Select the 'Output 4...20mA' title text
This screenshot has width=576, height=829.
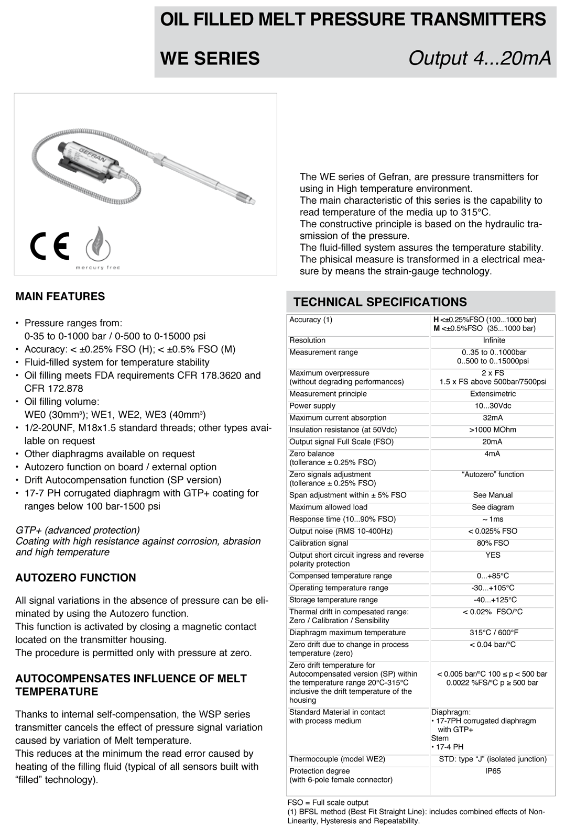(x=479, y=58)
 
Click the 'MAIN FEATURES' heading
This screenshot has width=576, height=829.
(x=60, y=296)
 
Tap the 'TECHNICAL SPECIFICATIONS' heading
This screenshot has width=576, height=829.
(x=380, y=302)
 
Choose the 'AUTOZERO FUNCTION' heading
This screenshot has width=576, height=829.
(x=75, y=578)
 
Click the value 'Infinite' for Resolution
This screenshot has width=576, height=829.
(x=494, y=340)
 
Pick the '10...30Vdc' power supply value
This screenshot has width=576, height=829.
(x=493, y=406)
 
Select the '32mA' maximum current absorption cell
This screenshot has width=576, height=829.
(x=493, y=418)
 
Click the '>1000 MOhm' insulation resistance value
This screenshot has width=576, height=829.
(x=493, y=430)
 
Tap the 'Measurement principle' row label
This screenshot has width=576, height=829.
(x=328, y=394)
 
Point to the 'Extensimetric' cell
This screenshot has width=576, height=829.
(x=493, y=394)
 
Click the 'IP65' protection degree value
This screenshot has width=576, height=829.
(x=493, y=771)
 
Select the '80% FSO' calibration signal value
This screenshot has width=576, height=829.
(x=493, y=543)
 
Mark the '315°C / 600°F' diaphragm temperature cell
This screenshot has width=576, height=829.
(x=493, y=633)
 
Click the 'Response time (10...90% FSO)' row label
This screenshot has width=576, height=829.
(x=342, y=519)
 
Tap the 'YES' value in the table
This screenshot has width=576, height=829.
(x=493, y=555)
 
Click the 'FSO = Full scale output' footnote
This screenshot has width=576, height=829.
(x=328, y=802)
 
